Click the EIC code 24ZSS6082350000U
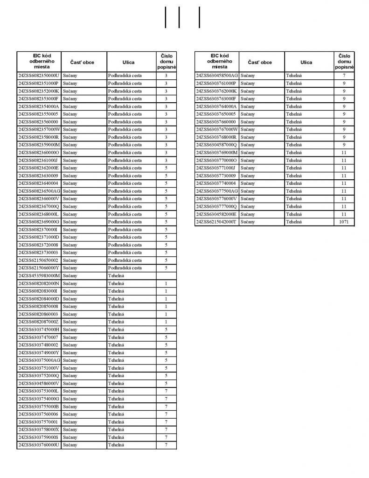39,75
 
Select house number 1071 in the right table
344,222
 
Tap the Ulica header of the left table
128,62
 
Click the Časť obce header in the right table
260,62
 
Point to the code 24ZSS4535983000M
39,276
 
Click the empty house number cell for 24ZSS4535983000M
166,276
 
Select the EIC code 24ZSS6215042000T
216,222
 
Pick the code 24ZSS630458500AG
217,75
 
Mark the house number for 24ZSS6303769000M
344,153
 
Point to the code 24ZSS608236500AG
39,191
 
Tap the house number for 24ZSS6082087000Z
166,322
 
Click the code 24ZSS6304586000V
39,383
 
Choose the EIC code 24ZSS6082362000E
39,168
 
